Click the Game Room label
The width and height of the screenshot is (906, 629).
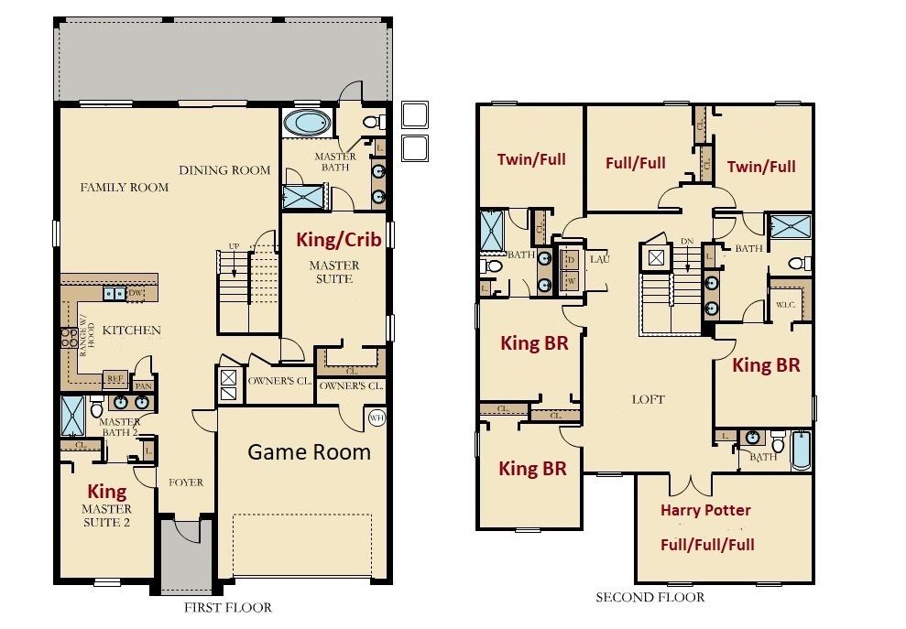[x=310, y=451]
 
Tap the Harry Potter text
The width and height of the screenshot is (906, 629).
[x=705, y=510]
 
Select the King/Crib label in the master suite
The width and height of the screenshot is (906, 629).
[x=335, y=240]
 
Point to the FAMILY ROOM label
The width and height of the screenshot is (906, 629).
[x=125, y=188]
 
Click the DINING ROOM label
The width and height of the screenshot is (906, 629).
[x=224, y=170]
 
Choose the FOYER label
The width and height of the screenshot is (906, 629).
[x=186, y=483]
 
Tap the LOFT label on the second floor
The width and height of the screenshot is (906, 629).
[x=648, y=400]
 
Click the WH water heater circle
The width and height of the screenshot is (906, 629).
[x=376, y=418]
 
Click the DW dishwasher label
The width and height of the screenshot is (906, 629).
[x=136, y=294]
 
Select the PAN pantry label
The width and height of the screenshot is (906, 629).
[x=143, y=386]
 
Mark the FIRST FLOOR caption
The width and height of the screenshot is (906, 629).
[x=229, y=607]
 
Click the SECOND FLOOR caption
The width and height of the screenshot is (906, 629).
[x=650, y=597]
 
